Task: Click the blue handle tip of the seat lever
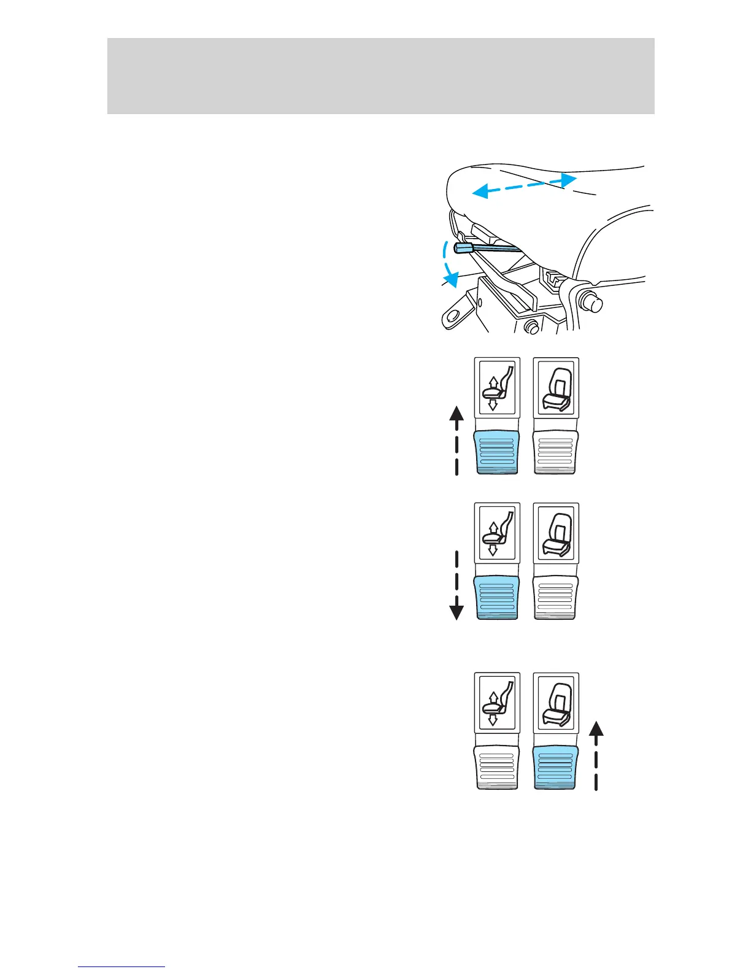pos(463,248)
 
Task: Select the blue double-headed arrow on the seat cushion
pos(524,185)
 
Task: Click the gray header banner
pos(380,75)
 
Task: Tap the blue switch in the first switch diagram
pos(498,452)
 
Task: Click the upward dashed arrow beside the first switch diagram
pos(456,440)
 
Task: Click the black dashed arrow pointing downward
pos(456,585)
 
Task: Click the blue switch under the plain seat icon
pos(556,767)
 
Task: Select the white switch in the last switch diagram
pos(498,767)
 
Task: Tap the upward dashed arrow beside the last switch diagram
pos(596,755)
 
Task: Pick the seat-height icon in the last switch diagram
pos(497,703)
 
